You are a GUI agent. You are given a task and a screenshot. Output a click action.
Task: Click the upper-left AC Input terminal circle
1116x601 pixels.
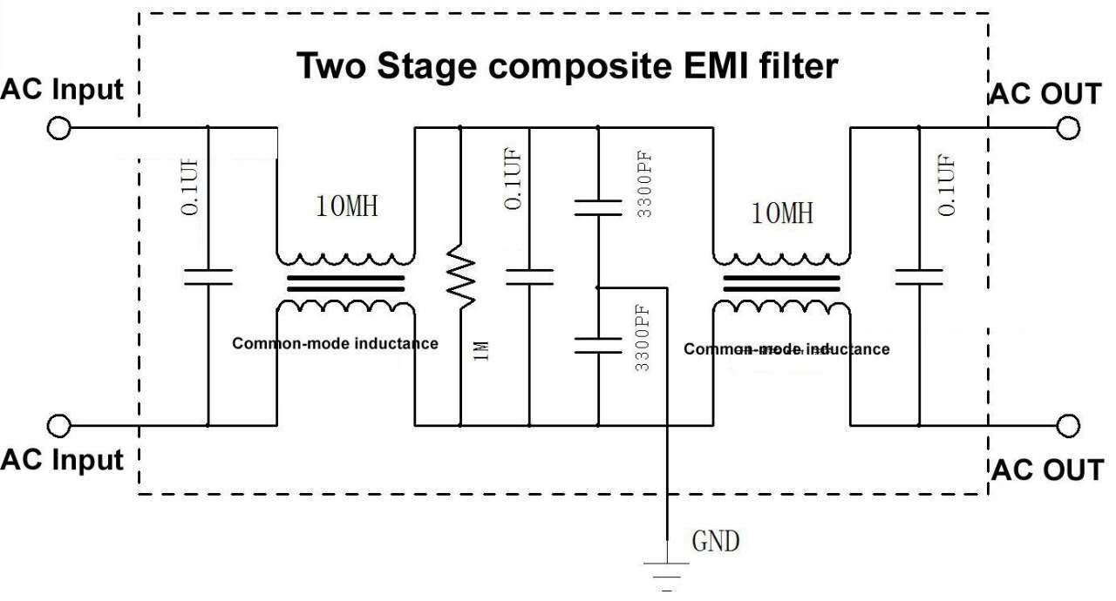(58, 128)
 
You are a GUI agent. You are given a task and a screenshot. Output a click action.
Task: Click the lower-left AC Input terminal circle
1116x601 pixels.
(58, 426)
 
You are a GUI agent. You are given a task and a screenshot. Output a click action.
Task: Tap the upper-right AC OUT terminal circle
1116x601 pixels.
(1068, 128)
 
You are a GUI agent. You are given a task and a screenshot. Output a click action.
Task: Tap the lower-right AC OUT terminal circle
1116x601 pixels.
(1068, 426)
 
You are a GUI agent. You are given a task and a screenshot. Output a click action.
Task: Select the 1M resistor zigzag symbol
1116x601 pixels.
(460, 277)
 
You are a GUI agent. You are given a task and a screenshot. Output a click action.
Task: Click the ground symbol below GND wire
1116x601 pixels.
(667, 576)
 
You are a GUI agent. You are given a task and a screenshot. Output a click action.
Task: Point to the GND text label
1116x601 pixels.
(716, 541)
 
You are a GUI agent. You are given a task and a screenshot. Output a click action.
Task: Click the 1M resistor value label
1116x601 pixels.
(481, 351)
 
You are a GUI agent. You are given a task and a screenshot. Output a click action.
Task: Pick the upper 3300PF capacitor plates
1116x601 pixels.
(598, 208)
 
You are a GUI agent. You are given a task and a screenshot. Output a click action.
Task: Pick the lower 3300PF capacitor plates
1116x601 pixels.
(598, 346)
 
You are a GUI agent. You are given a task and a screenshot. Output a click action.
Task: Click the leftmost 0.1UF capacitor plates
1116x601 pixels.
(208, 277)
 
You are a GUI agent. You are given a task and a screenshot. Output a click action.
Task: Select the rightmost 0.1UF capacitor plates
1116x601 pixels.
(919, 277)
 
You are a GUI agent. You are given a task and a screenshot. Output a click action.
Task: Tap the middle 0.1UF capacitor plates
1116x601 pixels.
(529, 277)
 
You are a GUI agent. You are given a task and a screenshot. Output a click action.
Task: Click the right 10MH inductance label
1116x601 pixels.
(782, 213)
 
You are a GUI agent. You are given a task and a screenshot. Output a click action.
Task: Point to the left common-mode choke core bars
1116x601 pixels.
(346, 284)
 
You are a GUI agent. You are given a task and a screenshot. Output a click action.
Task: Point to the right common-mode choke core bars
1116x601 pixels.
(781, 284)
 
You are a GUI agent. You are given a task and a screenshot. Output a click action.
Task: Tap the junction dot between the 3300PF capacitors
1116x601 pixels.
(598, 287)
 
